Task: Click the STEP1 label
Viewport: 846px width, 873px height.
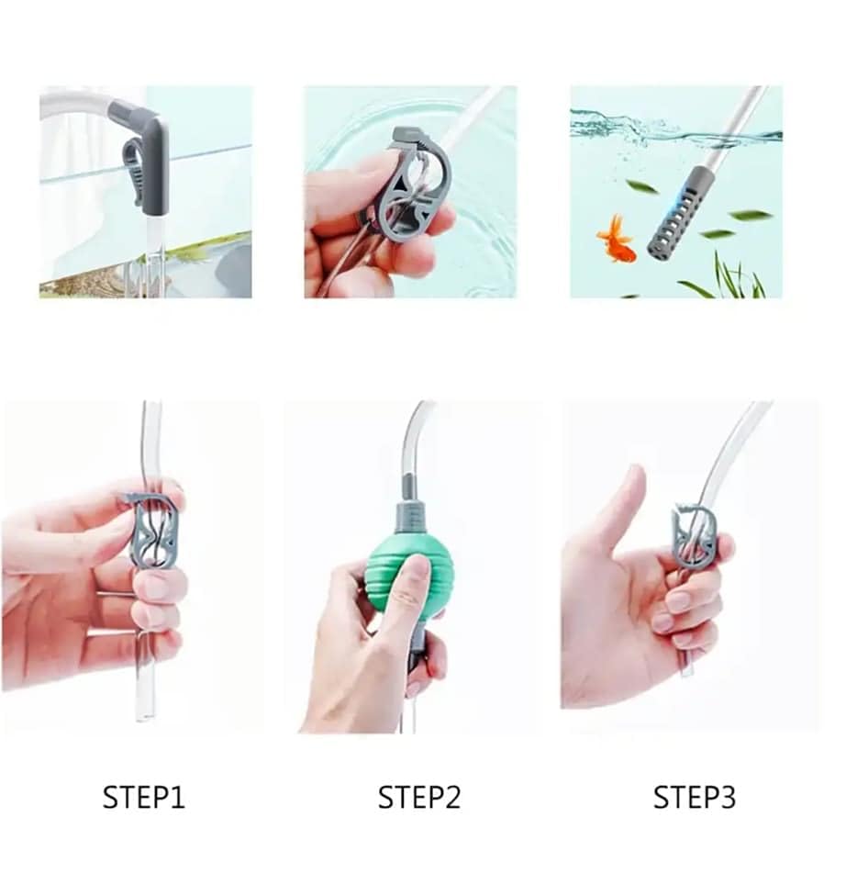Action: point(143,797)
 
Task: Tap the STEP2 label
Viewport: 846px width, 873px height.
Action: point(419,797)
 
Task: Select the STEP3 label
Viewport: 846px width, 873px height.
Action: point(694,797)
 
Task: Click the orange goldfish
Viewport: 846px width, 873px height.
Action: point(617,240)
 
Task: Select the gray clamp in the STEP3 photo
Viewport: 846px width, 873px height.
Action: point(695,536)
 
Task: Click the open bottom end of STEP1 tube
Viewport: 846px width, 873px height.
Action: point(144,711)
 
